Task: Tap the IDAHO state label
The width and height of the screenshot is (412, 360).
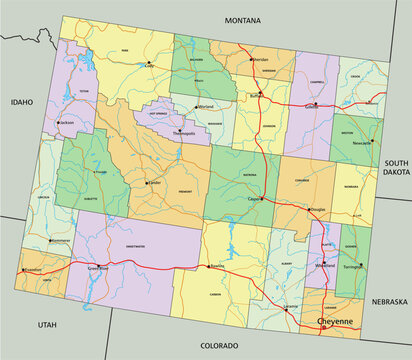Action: click(22, 102)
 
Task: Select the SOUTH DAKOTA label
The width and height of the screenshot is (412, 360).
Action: click(396, 167)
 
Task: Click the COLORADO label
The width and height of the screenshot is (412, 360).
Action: click(219, 346)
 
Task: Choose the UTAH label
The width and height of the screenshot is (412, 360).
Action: click(47, 325)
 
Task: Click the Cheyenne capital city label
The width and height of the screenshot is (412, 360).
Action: click(334, 322)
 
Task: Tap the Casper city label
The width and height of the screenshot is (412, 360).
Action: click(255, 199)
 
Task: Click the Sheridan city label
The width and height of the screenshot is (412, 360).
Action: click(261, 60)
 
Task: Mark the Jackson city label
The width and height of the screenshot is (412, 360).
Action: click(67, 123)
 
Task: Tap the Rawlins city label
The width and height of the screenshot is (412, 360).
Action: click(217, 266)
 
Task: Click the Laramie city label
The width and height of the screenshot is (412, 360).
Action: click(290, 305)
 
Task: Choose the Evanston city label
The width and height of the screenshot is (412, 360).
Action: click(33, 270)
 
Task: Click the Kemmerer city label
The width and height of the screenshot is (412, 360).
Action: click(60, 241)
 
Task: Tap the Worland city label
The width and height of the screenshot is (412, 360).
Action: click(206, 106)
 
